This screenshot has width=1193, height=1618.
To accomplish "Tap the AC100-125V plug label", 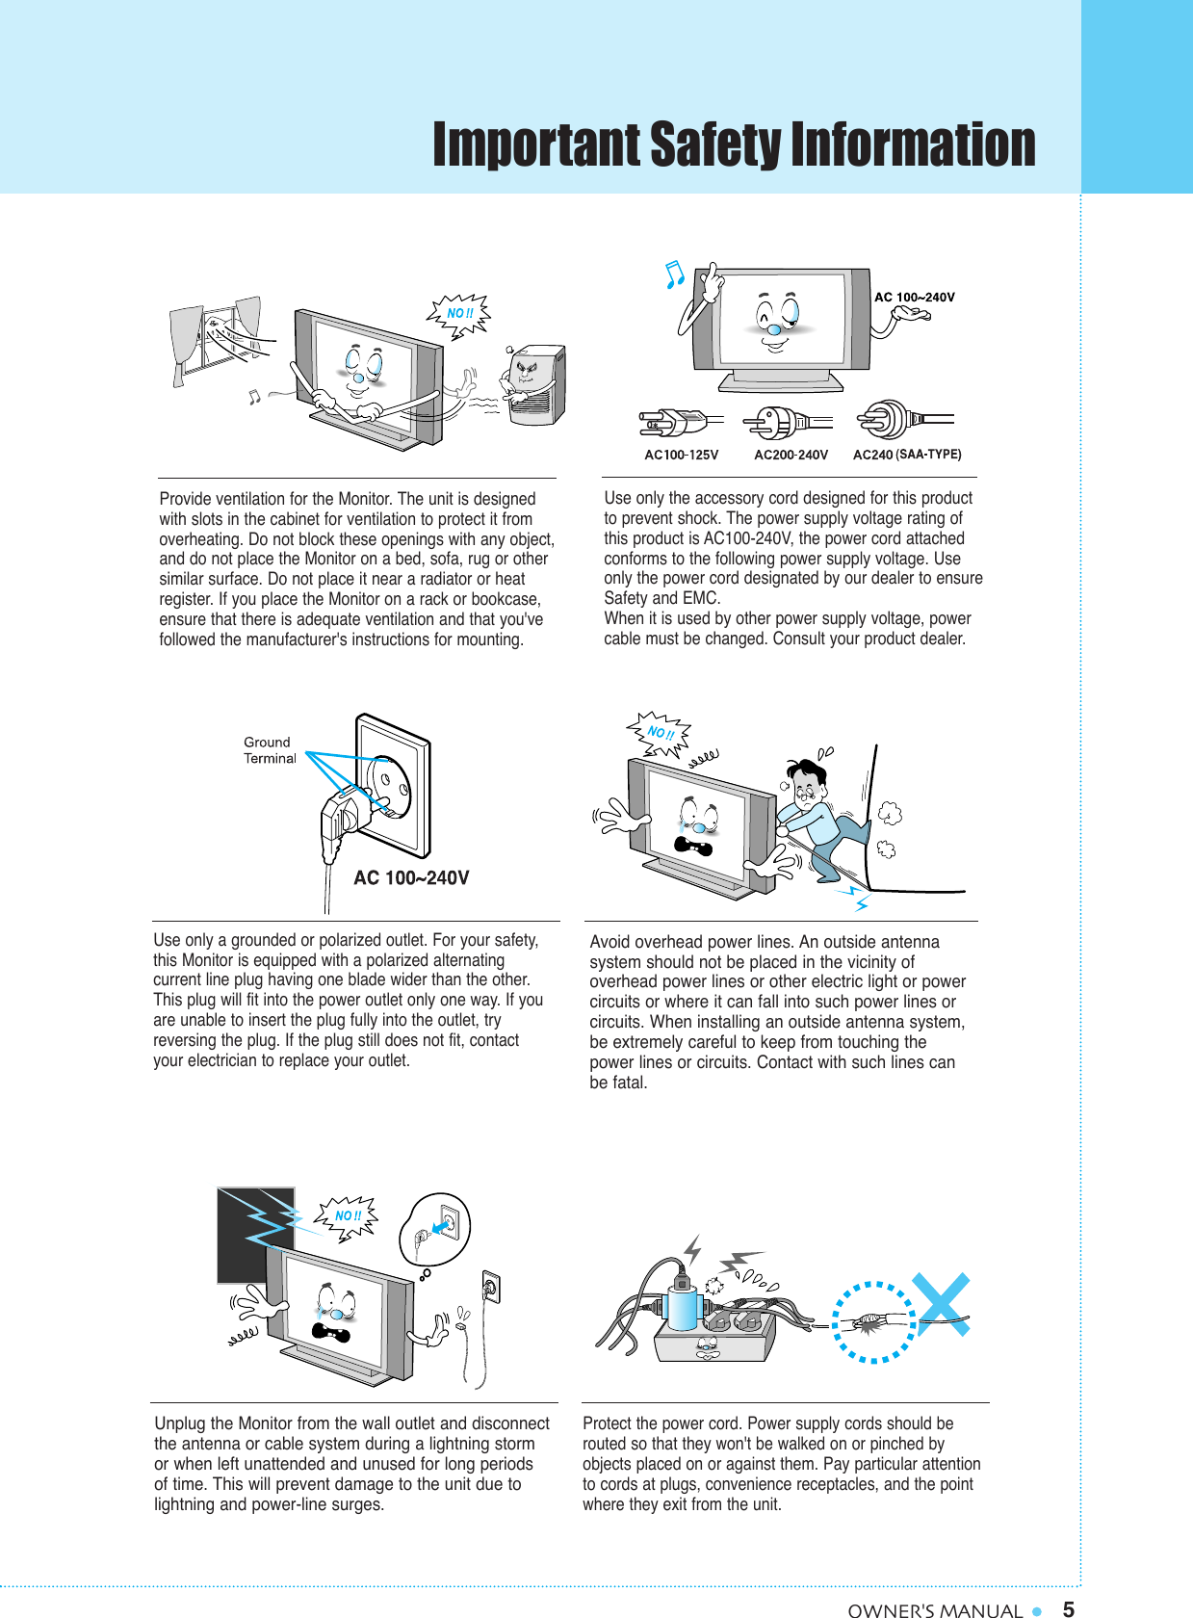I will tap(681, 455).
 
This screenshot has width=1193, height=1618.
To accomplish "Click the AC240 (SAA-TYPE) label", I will tap(907, 455).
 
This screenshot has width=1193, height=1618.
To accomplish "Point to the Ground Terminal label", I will tap(269, 750).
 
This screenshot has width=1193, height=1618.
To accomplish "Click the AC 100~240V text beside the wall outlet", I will tap(411, 877).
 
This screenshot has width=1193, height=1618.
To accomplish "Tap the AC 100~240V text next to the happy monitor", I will tap(914, 297).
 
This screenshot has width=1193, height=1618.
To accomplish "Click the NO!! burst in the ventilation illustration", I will tap(459, 314).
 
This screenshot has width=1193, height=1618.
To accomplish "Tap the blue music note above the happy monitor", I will tap(675, 274).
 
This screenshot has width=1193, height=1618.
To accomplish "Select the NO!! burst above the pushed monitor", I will tap(660, 733).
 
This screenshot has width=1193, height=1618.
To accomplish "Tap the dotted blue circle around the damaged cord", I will tap(873, 1321).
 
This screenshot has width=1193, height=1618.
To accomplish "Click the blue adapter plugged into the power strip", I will tap(682, 1308).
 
